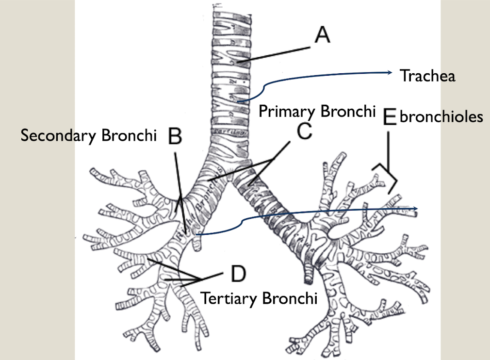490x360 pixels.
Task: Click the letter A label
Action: (321, 35)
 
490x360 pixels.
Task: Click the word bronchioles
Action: (441, 117)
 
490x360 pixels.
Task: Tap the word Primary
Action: (286, 111)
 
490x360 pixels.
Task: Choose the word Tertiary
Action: (228, 297)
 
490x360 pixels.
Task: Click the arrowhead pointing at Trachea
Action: (391, 73)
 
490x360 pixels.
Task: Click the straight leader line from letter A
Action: (274, 54)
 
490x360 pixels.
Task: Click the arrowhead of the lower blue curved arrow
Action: (417, 209)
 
